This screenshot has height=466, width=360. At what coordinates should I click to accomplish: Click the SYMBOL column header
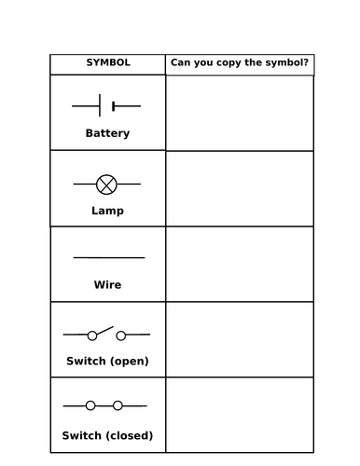108,62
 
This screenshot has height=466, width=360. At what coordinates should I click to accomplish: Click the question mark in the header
305,62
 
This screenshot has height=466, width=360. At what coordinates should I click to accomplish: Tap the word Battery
107,133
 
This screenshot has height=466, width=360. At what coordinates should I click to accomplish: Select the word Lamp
107,211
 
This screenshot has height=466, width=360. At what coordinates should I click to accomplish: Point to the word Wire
107,284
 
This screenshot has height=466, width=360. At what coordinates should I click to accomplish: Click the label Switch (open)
107,361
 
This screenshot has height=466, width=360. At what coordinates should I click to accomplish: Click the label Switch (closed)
107,435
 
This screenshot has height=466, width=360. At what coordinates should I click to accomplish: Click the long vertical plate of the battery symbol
100,105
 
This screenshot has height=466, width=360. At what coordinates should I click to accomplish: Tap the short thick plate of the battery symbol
114,106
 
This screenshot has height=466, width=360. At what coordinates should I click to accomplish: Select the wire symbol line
109,257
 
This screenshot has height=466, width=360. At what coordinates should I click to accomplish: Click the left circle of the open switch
92,336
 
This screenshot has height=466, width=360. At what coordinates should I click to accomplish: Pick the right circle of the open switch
121,336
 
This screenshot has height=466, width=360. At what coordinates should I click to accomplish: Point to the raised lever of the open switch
105,330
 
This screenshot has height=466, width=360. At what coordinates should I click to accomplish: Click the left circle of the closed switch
90,405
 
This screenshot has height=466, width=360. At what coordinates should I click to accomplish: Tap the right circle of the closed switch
118,405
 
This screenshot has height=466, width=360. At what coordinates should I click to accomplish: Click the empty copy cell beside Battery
240,113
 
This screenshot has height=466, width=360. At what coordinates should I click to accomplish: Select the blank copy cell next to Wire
240,264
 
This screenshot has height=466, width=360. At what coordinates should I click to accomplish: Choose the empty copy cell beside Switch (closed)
240,415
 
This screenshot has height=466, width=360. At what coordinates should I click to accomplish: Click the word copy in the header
228,63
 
